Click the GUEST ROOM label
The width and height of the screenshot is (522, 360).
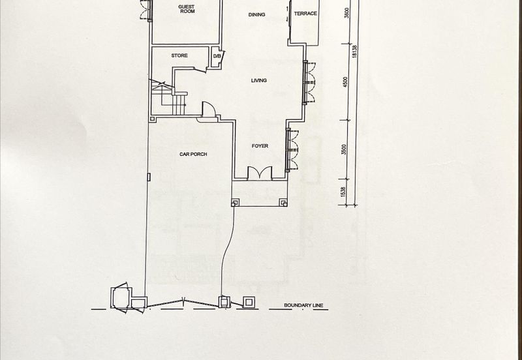click(x=187, y=9)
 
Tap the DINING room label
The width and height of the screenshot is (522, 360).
click(x=256, y=14)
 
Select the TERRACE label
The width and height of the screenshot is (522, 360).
click(x=305, y=14)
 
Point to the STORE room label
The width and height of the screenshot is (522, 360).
click(x=179, y=55)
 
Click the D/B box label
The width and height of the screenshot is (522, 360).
click(x=217, y=56)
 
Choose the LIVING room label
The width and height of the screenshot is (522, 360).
click(x=258, y=80)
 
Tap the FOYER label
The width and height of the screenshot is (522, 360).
click(x=260, y=145)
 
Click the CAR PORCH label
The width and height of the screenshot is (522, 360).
click(x=193, y=154)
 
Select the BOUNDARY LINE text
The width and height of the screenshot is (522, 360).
click(x=303, y=305)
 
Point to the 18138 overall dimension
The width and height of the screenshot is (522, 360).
click(x=354, y=52)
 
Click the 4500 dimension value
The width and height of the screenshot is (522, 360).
click(x=345, y=82)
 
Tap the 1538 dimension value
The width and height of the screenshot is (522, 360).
click(x=344, y=192)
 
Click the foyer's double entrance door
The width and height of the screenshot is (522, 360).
click(x=260, y=173)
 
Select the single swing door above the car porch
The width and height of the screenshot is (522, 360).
click(x=208, y=109)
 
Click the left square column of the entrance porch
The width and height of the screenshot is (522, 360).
click(x=235, y=202)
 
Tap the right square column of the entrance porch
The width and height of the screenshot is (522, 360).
click(x=283, y=202)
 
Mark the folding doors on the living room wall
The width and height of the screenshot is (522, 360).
click(x=309, y=83)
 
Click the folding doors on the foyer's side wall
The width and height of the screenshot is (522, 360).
click(x=292, y=150)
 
